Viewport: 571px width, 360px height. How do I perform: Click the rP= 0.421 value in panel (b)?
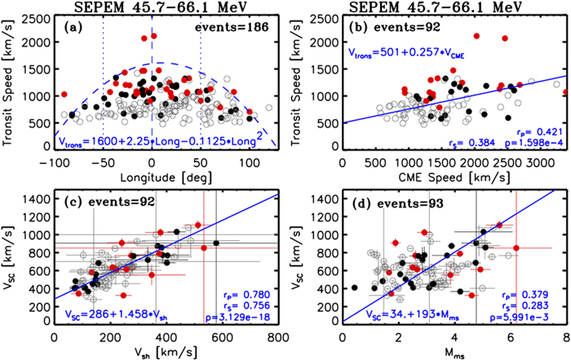[x=534, y=131]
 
